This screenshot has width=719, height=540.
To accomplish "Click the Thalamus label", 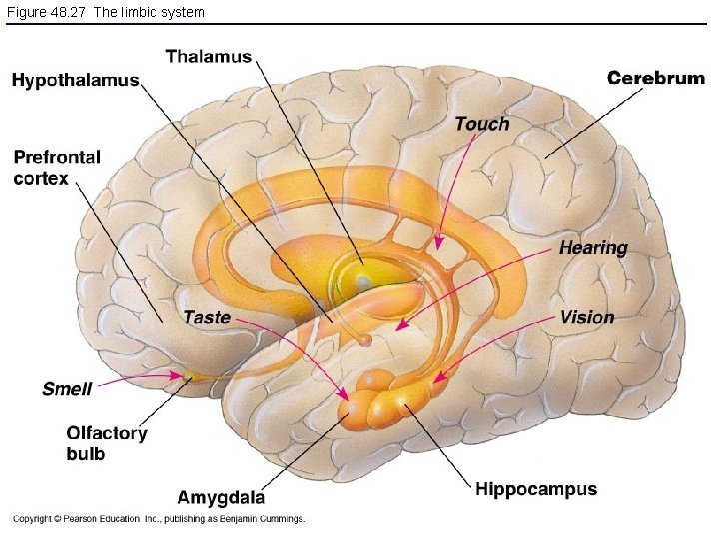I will coord(208,57).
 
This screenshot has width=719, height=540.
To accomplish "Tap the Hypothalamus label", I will coord(75,81).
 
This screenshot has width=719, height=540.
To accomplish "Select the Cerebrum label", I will coord(656,78).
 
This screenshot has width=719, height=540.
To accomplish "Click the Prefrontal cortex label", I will coord(57,168).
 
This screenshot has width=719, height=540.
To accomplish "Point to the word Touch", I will coord(481,124).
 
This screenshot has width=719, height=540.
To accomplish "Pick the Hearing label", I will coord(593,248).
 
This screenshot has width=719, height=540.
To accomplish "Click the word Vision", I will coord(587,317).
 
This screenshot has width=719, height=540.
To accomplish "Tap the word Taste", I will coord(207,317).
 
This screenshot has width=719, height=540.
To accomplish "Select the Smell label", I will coord(67,388).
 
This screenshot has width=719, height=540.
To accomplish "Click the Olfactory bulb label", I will coord(106,443).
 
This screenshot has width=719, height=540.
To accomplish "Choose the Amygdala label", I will coord(221,497).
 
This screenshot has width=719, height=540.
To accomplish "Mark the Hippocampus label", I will coord(536,489).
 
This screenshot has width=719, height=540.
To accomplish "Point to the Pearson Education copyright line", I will coord(158,519).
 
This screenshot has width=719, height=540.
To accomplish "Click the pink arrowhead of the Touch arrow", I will coord(438,243).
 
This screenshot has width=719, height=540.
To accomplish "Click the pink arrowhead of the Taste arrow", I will coord(344,396).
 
